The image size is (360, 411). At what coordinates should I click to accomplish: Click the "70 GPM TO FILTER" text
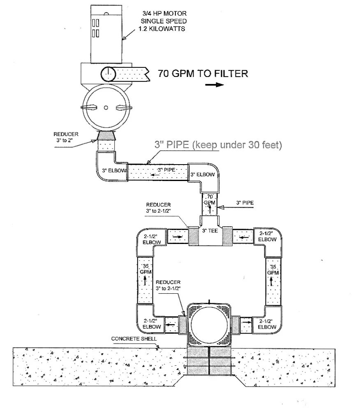point(203,73)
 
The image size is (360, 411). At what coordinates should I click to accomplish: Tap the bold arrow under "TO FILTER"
point(215,85)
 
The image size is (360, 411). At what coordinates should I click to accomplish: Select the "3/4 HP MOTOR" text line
point(164,13)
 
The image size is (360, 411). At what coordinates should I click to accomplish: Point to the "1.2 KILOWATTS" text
point(162,29)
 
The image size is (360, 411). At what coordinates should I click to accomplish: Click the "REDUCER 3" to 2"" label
point(66,137)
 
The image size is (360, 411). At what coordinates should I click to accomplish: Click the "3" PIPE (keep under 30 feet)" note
point(218,145)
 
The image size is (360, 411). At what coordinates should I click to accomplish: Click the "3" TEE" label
point(210,231)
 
